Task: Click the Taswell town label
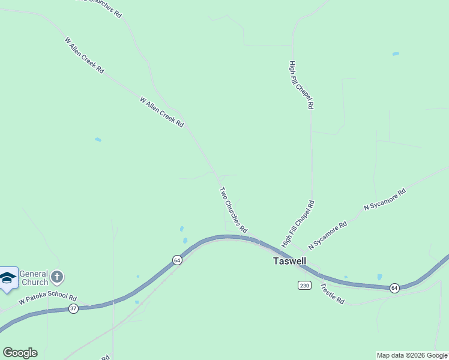click(x=289, y=262)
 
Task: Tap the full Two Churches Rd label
click(x=233, y=210)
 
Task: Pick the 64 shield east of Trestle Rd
click(x=394, y=288)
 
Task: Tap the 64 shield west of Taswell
click(x=176, y=260)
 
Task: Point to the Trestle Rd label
click(x=332, y=293)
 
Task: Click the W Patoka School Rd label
click(x=48, y=298)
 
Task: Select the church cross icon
click(x=57, y=277)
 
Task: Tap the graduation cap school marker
click(x=8, y=278)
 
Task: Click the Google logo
click(x=20, y=353)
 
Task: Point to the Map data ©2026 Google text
click(x=412, y=355)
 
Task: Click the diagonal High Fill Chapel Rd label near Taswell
click(x=298, y=224)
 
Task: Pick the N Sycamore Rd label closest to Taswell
click(x=328, y=236)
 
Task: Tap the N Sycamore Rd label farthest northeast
click(x=385, y=199)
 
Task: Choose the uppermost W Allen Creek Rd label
click(x=84, y=56)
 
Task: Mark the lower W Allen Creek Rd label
click(x=161, y=112)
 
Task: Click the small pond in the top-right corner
click(x=396, y=54)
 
